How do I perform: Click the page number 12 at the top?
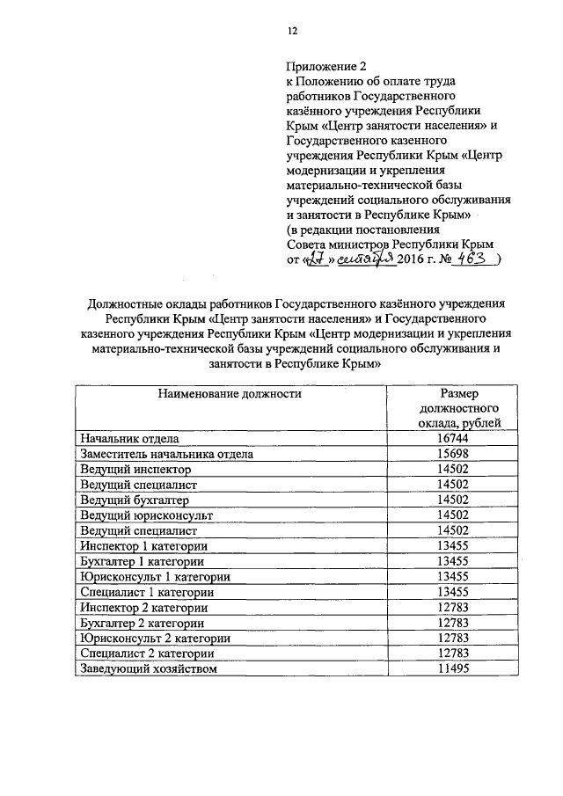293,31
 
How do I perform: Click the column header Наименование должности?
230,394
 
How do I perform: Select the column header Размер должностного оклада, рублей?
459,409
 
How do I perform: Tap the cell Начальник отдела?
129,439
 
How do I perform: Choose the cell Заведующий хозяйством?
148,669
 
